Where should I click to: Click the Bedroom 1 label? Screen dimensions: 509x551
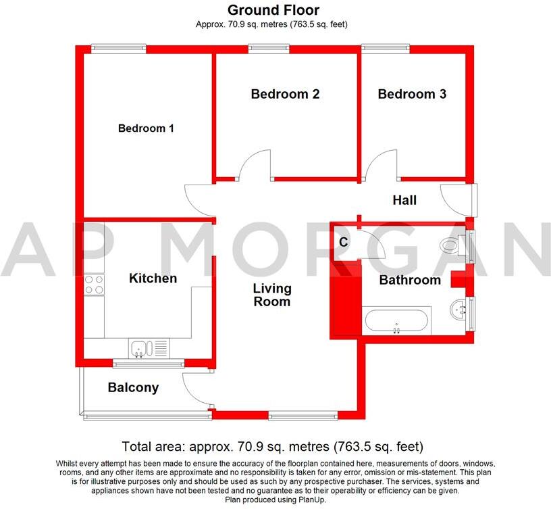click(x=146, y=128)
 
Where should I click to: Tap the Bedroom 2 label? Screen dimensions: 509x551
click(x=285, y=94)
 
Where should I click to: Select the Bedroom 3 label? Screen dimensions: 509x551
click(x=412, y=94)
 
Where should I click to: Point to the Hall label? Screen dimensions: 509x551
click(x=404, y=200)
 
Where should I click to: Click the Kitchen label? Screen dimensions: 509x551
click(x=153, y=278)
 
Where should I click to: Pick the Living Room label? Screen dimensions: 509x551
click(x=272, y=295)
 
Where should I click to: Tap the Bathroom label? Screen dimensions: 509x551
click(x=410, y=280)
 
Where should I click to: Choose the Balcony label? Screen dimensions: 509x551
click(x=133, y=387)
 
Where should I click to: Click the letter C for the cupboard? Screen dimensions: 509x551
click(x=343, y=242)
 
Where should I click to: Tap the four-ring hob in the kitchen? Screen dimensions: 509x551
click(x=94, y=285)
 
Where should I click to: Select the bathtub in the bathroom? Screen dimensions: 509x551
click(x=396, y=321)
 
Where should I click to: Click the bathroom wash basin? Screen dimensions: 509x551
click(x=459, y=310)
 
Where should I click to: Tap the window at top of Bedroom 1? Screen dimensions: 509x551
click(x=119, y=47)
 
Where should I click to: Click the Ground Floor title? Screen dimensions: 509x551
click(x=273, y=10)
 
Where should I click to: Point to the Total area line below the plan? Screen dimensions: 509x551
click(x=272, y=447)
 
